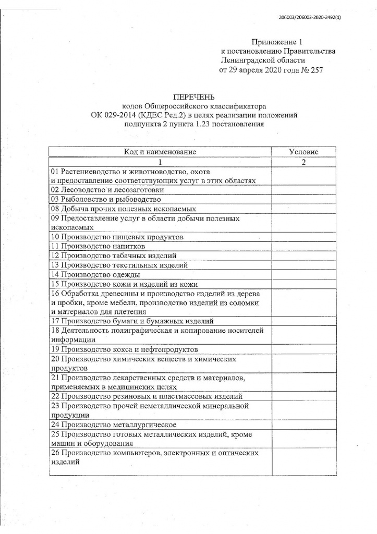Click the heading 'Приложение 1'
pyautogui.click(x=277, y=41)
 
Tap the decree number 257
pyautogui.click(x=317, y=71)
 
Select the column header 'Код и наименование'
pyautogui.click(x=160, y=152)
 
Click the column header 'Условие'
pyautogui.click(x=303, y=152)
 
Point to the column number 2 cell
pyautogui.click(x=303, y=162)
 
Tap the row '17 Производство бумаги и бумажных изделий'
pyautogui.click(x=132, y=321)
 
